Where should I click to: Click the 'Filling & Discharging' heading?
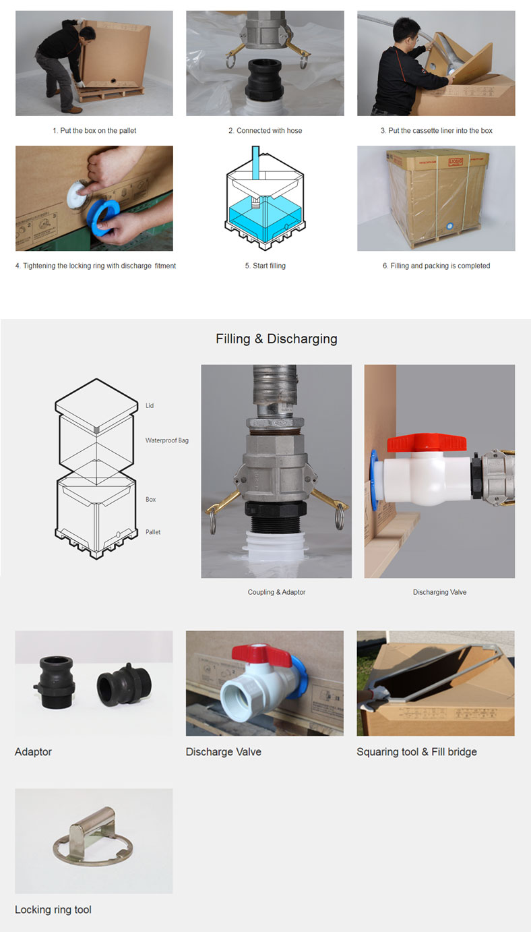tap(276, 339)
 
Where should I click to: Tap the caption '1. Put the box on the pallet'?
tap(94, 131)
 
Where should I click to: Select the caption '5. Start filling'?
tap(265, 266)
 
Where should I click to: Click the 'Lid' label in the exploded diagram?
tap(150, 406)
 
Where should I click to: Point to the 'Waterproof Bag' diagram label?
tap(166, 440)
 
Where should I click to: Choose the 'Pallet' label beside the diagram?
tap(153, 531)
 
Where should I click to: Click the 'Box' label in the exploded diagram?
tap(150, 499)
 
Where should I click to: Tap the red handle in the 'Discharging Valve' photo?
tap(427, 442)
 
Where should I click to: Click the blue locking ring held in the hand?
tap(102, 218)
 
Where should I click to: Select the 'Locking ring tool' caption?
tap(53, 910)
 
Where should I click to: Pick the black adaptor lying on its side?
tap(124, 685)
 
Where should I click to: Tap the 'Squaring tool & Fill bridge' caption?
tap(416, 752)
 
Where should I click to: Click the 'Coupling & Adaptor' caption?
tap(276, 592)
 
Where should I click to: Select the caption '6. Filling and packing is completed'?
tap(436, 266)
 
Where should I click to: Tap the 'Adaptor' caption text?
tap(33, 752)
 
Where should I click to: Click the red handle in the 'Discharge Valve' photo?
tap(261, 655)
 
